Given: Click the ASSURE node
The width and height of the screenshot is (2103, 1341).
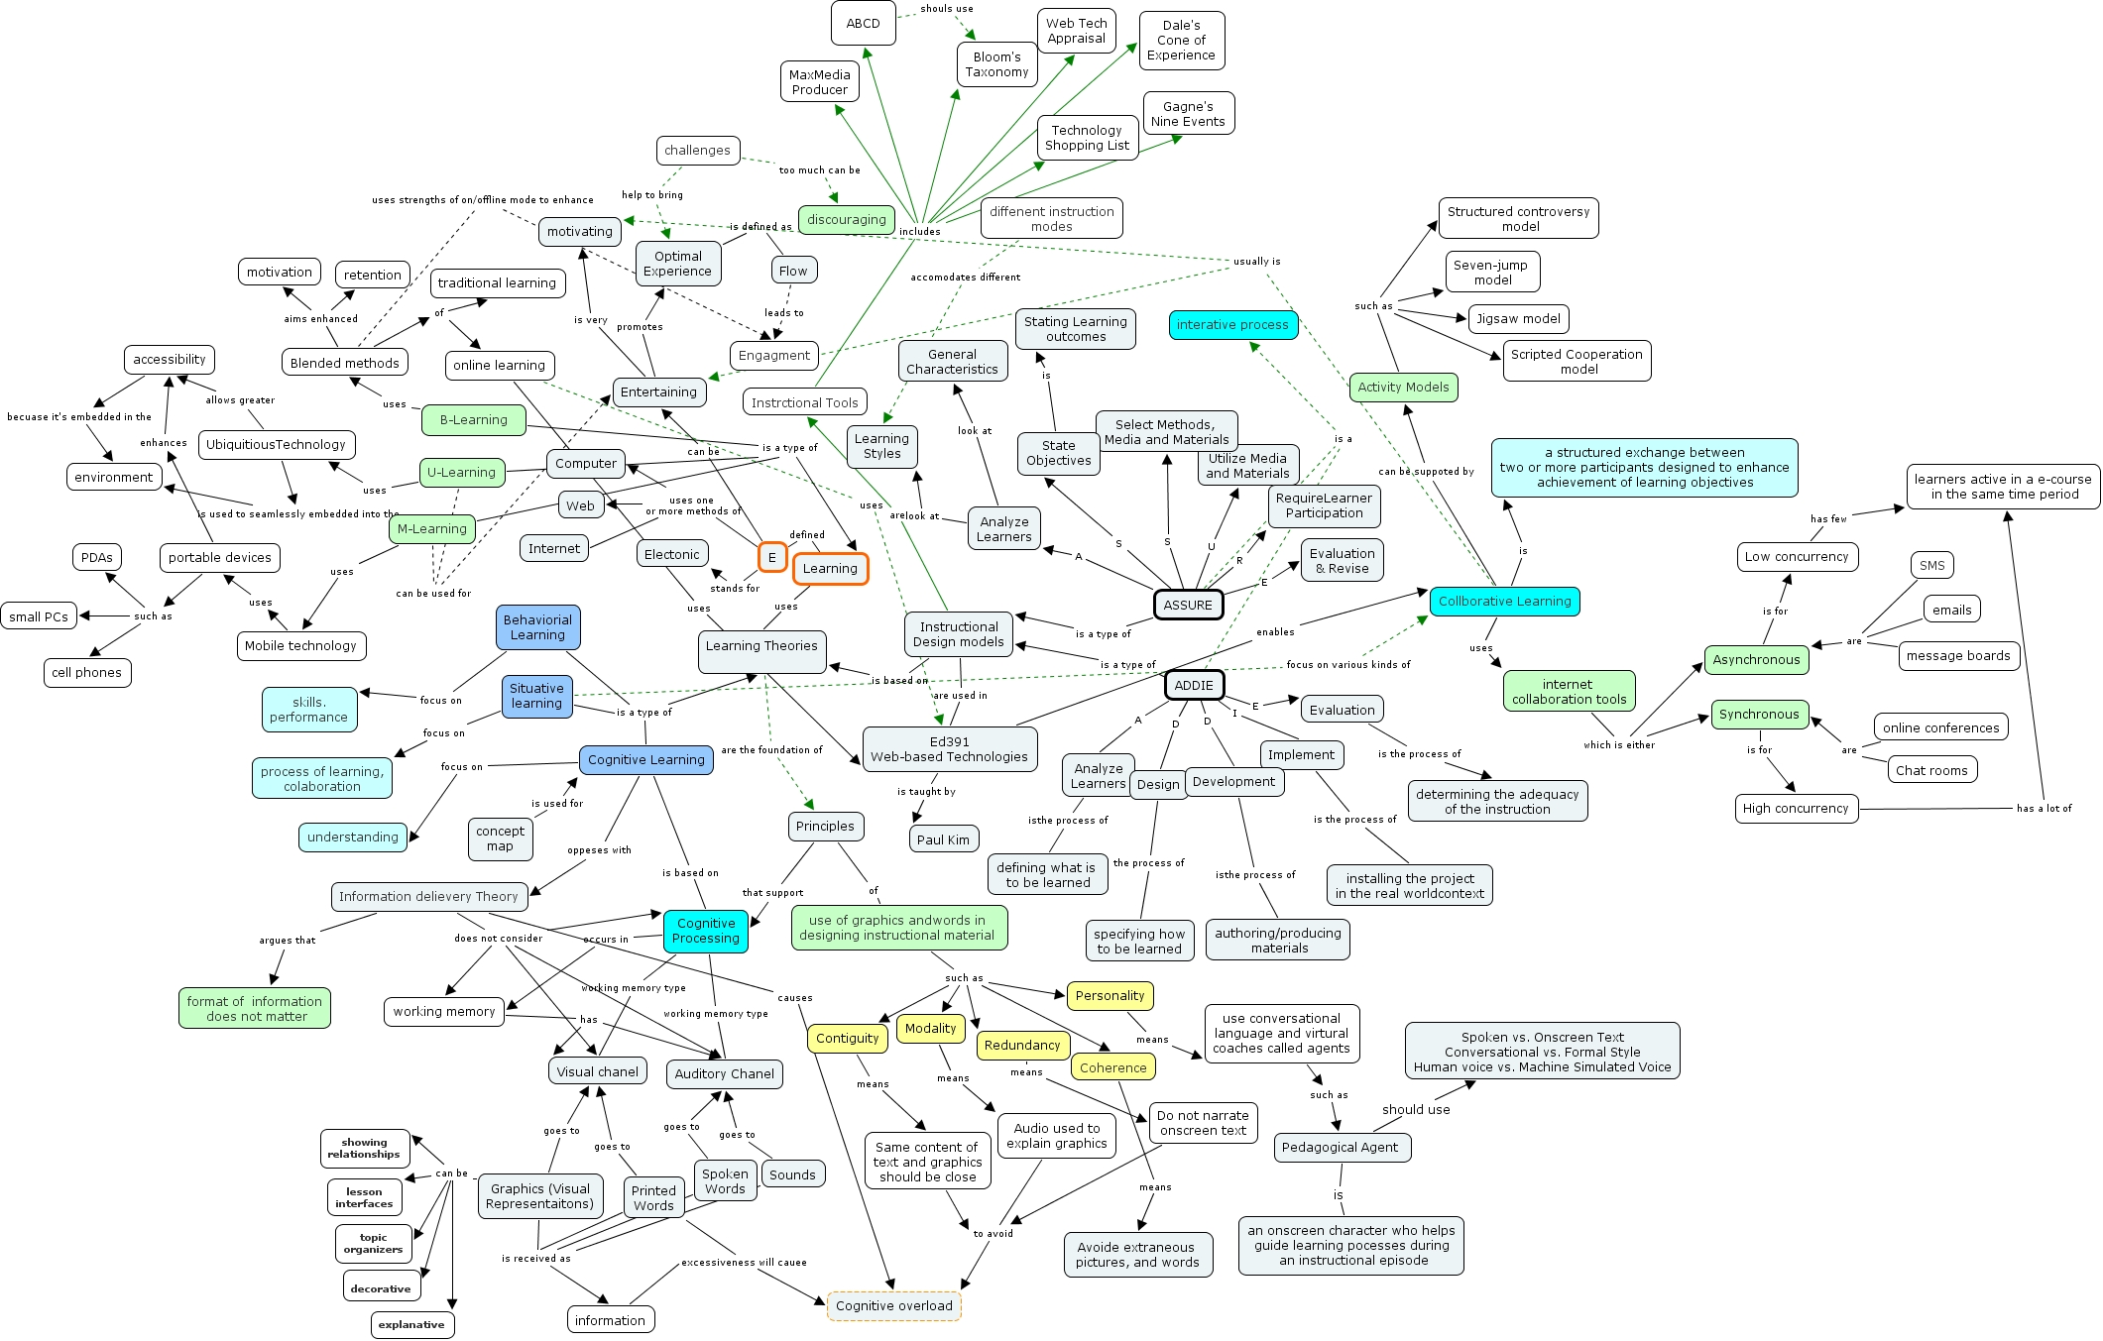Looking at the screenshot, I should coord(1188,605).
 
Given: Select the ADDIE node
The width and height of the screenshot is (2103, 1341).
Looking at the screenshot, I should coord(1194,685).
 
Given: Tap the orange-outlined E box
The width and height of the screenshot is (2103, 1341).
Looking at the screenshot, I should coord(772,557).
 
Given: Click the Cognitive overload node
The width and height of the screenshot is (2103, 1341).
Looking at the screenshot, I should coord(893,1305).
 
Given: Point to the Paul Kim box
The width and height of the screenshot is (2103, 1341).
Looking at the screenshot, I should coord(943,839).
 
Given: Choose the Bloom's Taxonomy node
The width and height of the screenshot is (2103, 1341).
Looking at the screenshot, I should coord(996,64).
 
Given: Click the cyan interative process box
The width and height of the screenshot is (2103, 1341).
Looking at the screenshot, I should coord(1232,325).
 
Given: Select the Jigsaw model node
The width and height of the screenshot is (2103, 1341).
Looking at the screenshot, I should coord(1518,319).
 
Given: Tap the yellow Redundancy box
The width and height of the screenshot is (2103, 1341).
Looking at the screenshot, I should coord(1022,1045).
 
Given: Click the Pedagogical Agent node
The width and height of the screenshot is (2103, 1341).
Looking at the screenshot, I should coord(1341,1147).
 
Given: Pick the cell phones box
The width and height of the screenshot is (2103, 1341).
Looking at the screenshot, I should coord(87,672).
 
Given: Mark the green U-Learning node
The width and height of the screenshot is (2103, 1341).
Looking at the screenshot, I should coord(461,473).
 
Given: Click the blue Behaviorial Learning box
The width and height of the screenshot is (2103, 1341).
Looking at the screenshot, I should coord(537,627).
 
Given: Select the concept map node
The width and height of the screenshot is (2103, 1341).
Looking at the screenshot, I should coord(500,838).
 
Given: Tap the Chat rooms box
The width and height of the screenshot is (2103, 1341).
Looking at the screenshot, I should coord(1931,770).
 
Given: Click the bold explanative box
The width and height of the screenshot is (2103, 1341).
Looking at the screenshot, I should coord(411,1324).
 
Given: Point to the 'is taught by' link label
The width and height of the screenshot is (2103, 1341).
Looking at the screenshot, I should coord(926,792).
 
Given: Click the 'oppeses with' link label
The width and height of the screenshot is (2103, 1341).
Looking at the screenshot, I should coord(599,850).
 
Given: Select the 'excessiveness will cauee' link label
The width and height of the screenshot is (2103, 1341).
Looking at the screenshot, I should coord(744,1263).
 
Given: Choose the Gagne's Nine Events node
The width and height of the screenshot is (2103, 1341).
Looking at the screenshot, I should coord(1188,114).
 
